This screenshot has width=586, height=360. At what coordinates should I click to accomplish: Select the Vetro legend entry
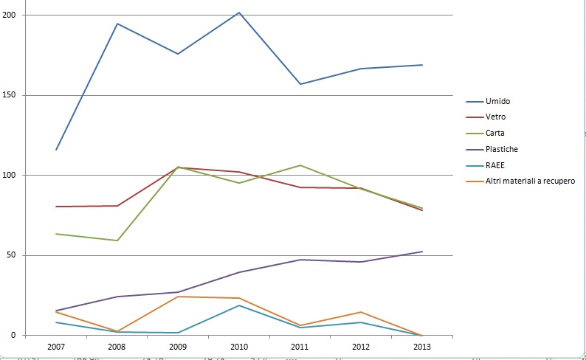(495, 117)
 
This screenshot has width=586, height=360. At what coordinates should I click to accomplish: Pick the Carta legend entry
(495, 133)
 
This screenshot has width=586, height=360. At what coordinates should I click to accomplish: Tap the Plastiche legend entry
(501, 149)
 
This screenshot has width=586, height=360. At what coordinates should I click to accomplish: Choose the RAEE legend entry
(494, 165)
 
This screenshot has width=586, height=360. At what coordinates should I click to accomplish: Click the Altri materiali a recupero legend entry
(530, 181)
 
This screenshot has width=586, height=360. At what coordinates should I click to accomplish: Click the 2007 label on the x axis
(56, 346)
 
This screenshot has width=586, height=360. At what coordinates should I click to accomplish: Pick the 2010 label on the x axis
(239, 346)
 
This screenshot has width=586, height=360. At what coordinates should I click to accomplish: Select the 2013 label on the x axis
(422, 346)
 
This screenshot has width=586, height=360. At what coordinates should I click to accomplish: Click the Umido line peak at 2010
(239, 13)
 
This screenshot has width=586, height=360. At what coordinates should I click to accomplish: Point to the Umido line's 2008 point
(117, 24)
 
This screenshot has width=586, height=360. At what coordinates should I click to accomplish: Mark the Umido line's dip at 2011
(300, 84)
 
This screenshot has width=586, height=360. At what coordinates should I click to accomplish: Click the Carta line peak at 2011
(300, 165)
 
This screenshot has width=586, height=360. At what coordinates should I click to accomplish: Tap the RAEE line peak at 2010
(239, 305)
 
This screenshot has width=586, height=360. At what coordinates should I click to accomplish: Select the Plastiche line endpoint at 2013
(422, 252)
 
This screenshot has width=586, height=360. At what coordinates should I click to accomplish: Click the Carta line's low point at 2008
(117, 240)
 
